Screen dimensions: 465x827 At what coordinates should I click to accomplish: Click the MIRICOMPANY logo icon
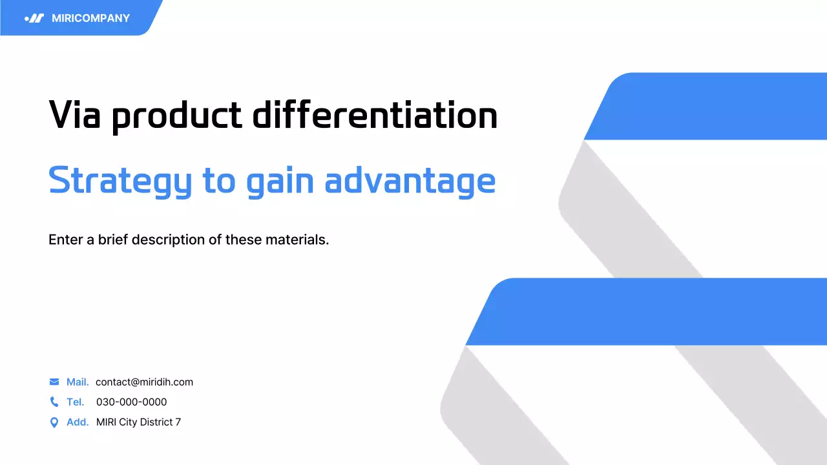[34, 18]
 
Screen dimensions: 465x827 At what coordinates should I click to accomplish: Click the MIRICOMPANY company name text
[90, 18]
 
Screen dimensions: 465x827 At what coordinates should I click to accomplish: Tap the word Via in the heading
[73, 115]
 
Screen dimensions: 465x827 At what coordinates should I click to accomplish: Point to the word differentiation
[375, 115]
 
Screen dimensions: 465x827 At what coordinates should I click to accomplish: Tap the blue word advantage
[410, 181]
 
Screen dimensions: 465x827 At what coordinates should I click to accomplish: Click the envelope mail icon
[54, 382]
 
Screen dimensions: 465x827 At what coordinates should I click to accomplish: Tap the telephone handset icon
[54, 402]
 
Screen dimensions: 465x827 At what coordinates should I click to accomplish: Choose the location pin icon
[54, 422]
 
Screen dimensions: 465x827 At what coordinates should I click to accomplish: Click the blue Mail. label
[78, 382]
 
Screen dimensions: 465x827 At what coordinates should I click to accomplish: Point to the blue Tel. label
[75, 402]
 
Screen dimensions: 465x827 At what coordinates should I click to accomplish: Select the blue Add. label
[78, 422]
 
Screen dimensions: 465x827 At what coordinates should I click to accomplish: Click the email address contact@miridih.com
[144, 382]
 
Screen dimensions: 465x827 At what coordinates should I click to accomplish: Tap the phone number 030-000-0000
[131, 402]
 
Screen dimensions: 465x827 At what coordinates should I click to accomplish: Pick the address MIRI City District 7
[138, 422]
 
